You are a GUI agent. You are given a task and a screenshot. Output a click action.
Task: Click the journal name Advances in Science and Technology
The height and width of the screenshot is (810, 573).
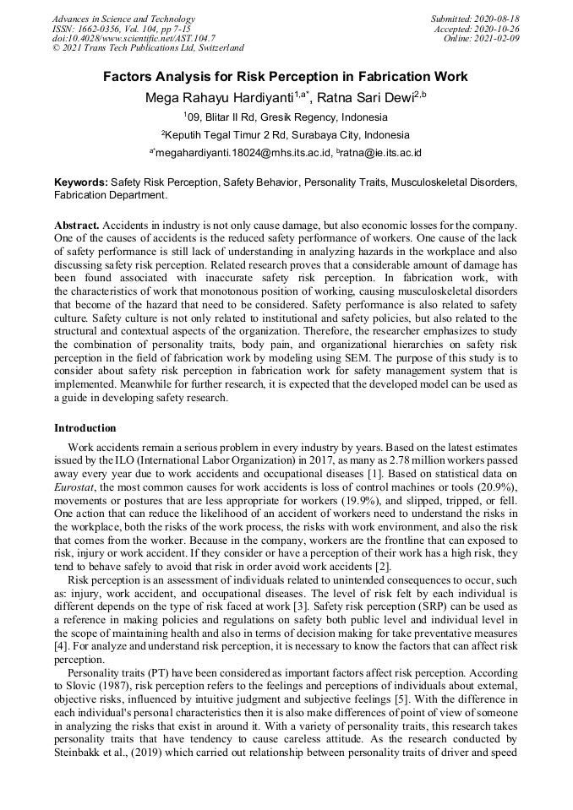[x=123, y=19]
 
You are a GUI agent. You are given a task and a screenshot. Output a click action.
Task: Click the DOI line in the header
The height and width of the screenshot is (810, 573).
[x=134, y=38]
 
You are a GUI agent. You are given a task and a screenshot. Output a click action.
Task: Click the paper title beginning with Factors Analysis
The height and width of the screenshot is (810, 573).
[x=286, y=77]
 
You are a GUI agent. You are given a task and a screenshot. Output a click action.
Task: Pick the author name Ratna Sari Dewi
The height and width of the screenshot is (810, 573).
[x=367, y=98]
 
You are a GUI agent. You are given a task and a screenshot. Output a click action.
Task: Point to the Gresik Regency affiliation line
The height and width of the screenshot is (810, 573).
[x=286, y=117]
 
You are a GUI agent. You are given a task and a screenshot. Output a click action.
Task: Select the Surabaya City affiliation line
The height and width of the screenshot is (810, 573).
[x=286, y=134]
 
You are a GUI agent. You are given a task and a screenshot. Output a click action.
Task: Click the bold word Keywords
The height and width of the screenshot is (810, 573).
[x=80, y=182]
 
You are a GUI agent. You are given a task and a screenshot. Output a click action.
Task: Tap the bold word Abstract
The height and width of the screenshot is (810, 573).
[x=77, y=226]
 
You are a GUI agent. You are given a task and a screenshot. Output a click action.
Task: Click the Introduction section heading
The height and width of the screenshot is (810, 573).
[x=85, y=428]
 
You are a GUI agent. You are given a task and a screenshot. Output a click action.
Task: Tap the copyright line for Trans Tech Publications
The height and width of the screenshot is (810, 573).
[x=148, y=48]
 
